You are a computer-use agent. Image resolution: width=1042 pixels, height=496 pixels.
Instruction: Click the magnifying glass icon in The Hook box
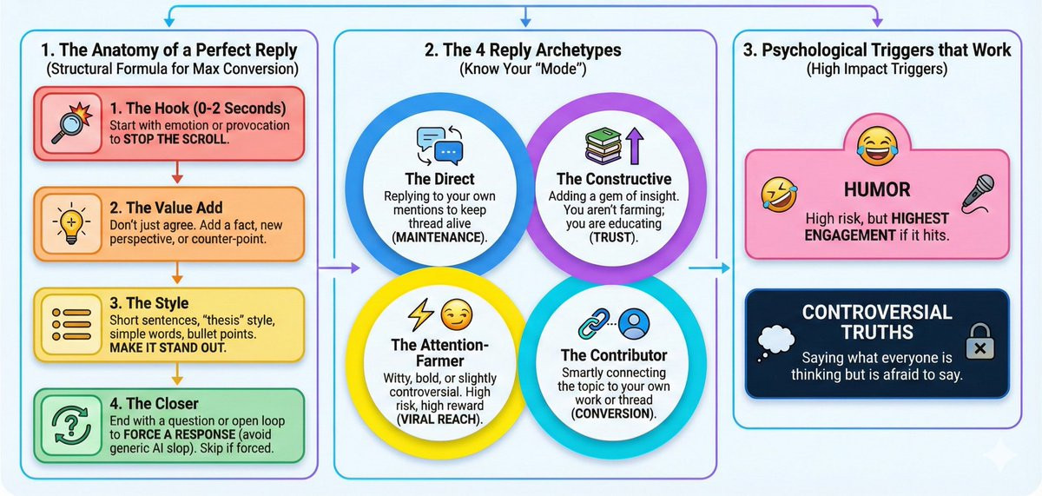click(x=71, y=122)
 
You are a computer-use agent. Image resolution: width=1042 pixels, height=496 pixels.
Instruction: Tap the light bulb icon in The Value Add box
click(x=71, y=223)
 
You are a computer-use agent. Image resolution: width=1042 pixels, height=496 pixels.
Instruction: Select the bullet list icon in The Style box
click(x=71, y=324)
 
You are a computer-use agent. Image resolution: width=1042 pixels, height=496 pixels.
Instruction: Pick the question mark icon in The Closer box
click(x=70, y=425)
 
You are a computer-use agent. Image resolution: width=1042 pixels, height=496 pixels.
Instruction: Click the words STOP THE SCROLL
click(x=175, y=139)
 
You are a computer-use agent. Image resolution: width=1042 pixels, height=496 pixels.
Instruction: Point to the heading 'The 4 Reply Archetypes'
click(x=523, y=50)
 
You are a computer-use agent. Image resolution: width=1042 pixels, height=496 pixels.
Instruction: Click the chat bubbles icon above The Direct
click(x=440, y=146)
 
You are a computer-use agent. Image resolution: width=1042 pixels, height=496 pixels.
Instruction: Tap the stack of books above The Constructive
click(x=603, y=146)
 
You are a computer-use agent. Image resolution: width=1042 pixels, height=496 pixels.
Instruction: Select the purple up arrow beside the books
click(x=635, y=146)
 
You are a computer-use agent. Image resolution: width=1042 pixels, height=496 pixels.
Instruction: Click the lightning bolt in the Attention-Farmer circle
click(x=420, y=314)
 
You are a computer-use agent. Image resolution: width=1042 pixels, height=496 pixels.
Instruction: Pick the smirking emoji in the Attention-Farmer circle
click(x=457, y=314)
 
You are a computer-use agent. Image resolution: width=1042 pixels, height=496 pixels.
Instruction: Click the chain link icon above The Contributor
click(x=594, y=323)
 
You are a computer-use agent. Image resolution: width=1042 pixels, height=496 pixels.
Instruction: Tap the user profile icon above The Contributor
click(x=634, y=324)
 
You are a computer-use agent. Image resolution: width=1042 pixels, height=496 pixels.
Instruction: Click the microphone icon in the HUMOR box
click(x=978, y=194)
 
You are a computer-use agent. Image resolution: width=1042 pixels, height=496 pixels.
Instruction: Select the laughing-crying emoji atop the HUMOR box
click(x=877, y=147)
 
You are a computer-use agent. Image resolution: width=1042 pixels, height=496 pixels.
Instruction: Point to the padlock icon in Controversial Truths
click(x=979, y=342)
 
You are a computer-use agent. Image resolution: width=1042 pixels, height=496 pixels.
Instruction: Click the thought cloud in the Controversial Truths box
click(x=775, y=343)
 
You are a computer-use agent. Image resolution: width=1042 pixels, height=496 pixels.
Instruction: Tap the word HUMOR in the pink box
click(x=877, y=190)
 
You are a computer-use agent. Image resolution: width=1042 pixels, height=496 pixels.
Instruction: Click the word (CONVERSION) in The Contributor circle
click(x=613, y=413)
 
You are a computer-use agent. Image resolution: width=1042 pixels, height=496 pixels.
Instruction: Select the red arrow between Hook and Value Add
click(x=177, y=173)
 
